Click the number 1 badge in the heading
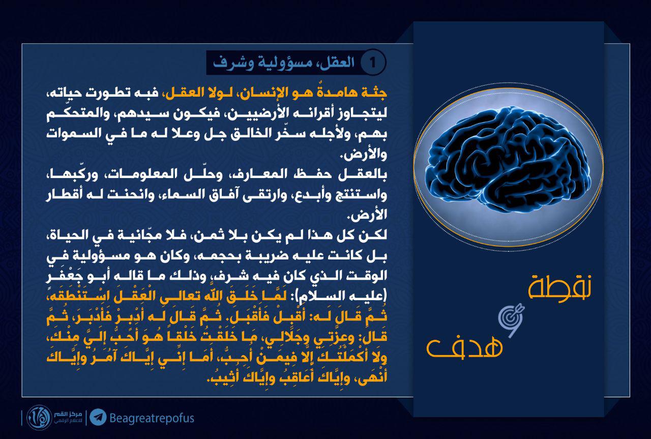tap(373, 63)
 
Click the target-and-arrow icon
tap(511, 320)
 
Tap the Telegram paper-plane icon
tap(98, 417)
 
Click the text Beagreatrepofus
tap(152, 418)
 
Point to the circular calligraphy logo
tap(39, 418)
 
